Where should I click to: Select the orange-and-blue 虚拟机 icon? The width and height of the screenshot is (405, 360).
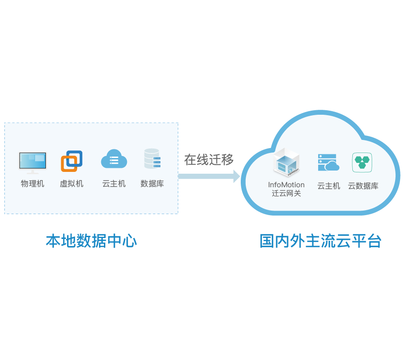coord(72,161)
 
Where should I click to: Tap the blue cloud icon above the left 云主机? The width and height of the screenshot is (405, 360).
coord(114,159)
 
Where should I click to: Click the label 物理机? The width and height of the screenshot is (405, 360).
coord(32,184)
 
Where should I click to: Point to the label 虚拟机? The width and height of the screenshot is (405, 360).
coord(72,184)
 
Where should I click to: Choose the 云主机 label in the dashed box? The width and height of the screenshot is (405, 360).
coord(114,184)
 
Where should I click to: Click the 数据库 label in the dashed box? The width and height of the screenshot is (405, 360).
coord(152,184)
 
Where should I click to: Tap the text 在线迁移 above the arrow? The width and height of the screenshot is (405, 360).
coord(209,159)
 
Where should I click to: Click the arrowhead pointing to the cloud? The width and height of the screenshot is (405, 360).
coord(236,176)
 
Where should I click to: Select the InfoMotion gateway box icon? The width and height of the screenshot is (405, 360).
coord(286,164)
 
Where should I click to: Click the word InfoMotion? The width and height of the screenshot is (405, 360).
coord(286,185)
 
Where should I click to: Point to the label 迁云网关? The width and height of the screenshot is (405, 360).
coord(286,193)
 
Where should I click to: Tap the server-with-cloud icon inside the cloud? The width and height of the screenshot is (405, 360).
coord(328,162)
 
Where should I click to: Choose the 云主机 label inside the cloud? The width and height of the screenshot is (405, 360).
coord(328,186)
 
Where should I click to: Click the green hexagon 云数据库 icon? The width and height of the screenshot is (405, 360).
coord(362,162)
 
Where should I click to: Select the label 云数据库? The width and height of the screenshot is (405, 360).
coord(363,186)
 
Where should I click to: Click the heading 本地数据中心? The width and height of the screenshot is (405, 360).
coord(91,241)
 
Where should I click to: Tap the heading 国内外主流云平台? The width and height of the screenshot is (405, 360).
coord(320,241)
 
